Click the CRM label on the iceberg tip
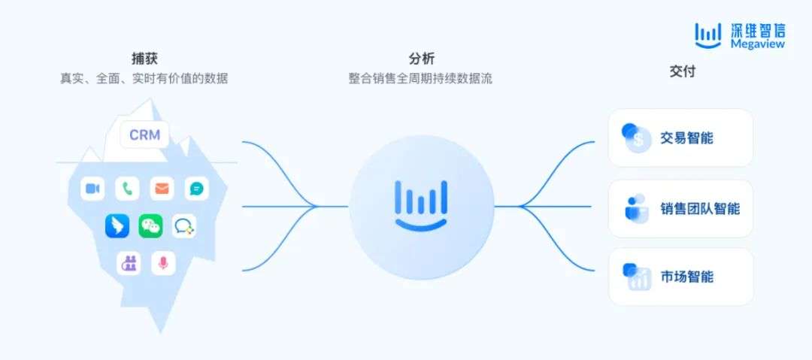(x=144, y=135)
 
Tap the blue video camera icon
(x=92, y=189)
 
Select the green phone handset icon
(x=127, y=189)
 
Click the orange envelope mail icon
(x=162, y=189)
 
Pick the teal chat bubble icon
(x=196, y=189)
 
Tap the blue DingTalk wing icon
(x=117, y=225)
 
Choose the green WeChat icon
(x=150, y=225)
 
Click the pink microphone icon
(x=162, y=262)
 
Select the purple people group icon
(x=129, y=262)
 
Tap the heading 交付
(x=682, y=71)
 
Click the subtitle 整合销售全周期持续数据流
(x=421, y=78)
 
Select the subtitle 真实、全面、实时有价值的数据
(x=144, y=78)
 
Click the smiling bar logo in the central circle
(x=421, y=205)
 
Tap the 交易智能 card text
(x=686, y=138)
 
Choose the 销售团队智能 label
(x=700, y=208)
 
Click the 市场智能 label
(x=686, y=277)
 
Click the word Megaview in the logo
(x=757, y=44)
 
